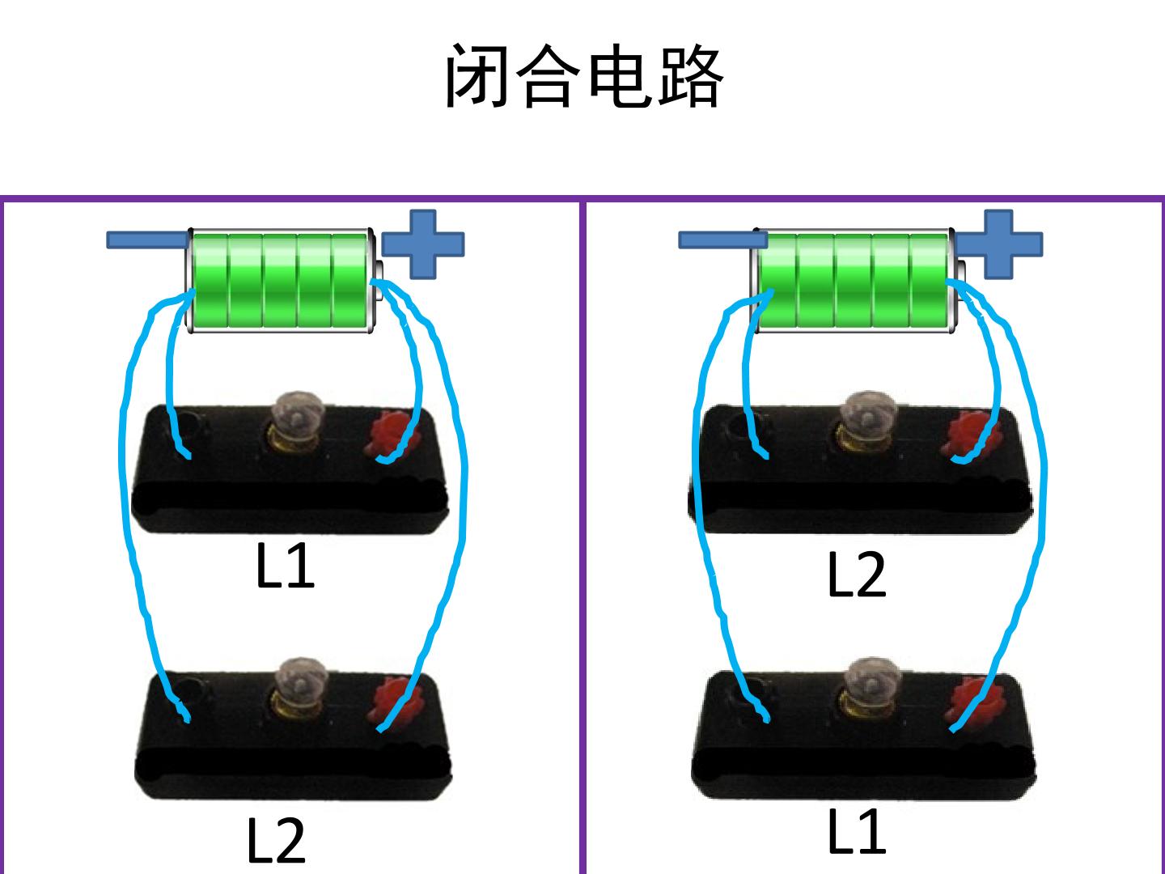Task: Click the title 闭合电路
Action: click(x=584, y=76)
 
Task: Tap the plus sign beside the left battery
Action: click(x=423, y=244)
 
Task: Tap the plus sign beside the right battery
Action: click(x=999, y=244)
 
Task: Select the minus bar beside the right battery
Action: click(x=723, y=240)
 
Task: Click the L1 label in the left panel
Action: click(x=285, y=566)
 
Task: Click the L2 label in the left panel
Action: click(x=277, y=841)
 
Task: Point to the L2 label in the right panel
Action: click(x=857, y=575)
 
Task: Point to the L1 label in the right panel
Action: click(x=857, y=831)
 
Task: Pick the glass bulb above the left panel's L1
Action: click(x=297, y=419)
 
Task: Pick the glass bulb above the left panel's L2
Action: click(x=300, y=685)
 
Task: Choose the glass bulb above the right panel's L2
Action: click(x=868, y=419)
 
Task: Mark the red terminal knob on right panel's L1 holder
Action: click(x=974, y=702)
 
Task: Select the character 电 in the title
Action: click(x=620, y=76)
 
